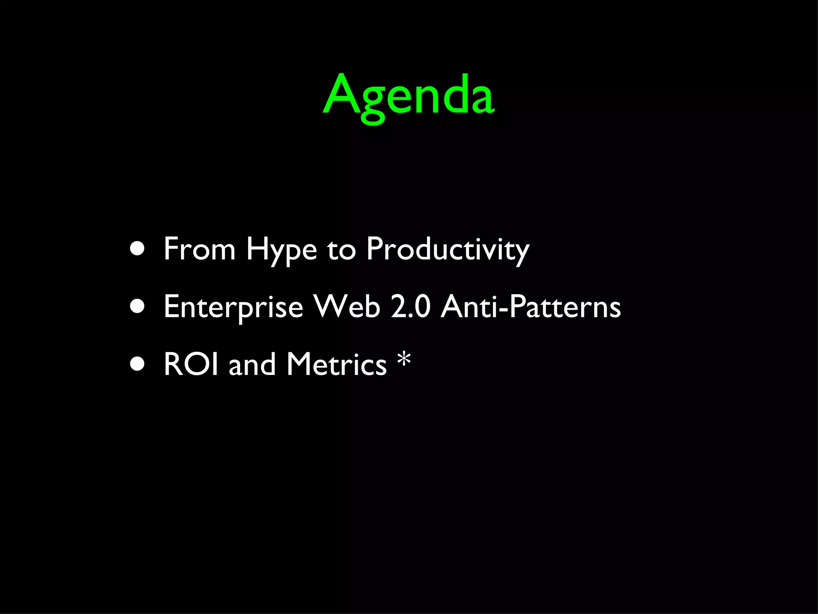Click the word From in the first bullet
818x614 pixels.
pyautogui.click(x=199, y=249)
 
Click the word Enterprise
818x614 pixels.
pyautogui.click(x=233, y=307)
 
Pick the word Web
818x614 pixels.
pyautogui.click(x=346, y=307)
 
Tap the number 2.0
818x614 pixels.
pyautogui.click(x=411, y=307)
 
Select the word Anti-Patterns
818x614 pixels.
pyautogui.click(x=531, y=307)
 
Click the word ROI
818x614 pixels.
pyautogui.click(x=191, y=364)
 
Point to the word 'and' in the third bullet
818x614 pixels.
pyautogui.click(x=252, y=364)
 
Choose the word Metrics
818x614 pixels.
pyautogui.click(x=337, y=364)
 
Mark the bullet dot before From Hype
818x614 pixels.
pyautogui.click(x=137, y=249)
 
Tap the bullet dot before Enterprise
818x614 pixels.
pyautogui.click(x=137, y=307)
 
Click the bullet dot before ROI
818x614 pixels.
pyautogui.click(x=137, y=364)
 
